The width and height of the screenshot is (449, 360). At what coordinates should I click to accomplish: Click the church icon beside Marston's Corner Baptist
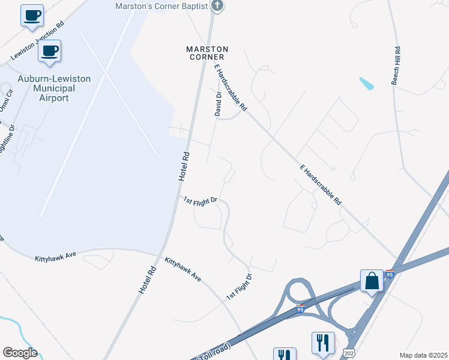[218, 7]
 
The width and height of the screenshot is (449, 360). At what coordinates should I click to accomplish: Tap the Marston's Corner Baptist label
[161, 7]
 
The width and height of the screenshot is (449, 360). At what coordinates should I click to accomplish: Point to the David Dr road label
[218, 103]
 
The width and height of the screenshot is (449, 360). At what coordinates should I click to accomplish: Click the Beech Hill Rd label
[396, 67]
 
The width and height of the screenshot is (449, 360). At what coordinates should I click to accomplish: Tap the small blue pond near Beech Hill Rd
[366, 83]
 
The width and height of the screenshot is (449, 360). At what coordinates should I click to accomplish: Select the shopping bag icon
[372, 281]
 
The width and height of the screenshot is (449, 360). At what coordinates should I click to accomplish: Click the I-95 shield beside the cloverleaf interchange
[300, 310]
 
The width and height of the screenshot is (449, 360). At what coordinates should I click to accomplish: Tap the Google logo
[19, 353]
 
